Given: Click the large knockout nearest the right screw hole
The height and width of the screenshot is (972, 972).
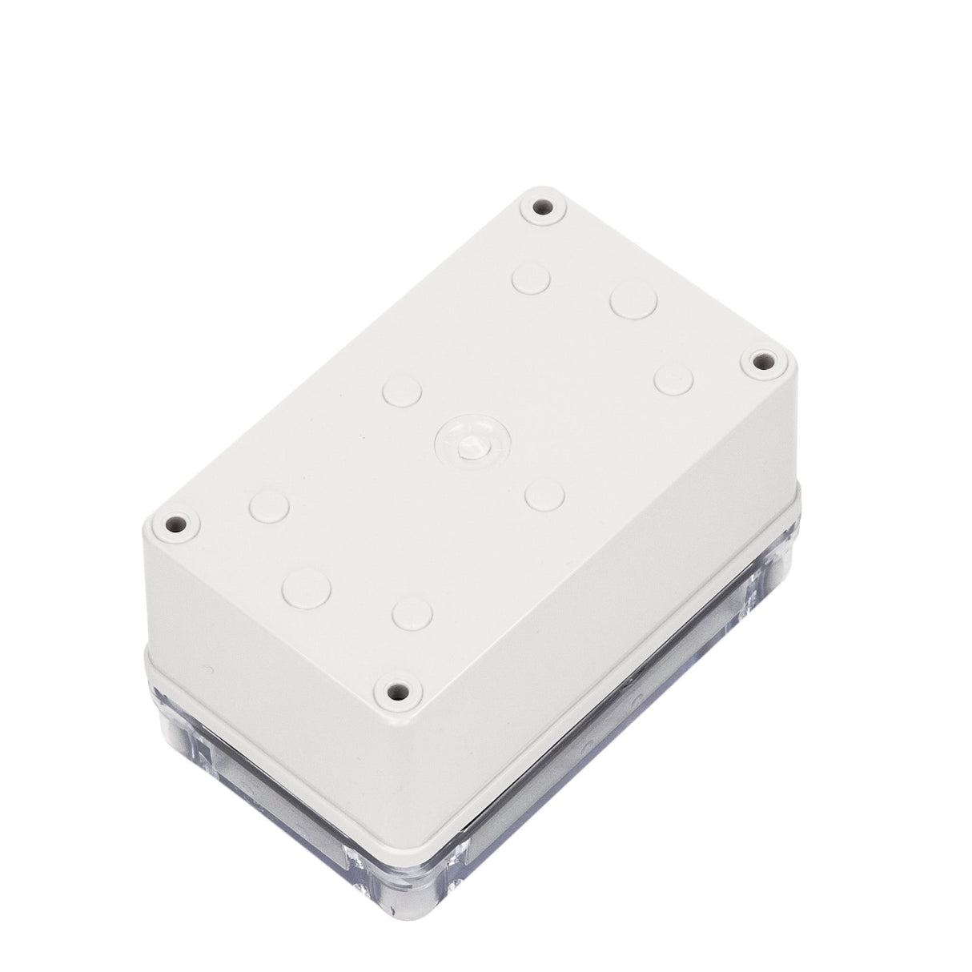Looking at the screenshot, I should pos(633,300).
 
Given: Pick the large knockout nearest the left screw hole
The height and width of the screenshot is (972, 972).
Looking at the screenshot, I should pos(307,586).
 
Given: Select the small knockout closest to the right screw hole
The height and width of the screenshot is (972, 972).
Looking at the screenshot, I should pos(673,380).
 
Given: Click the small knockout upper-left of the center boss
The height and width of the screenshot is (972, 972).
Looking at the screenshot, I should pos(402,390).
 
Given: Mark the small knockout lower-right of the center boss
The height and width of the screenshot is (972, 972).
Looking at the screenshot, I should pos(545,493).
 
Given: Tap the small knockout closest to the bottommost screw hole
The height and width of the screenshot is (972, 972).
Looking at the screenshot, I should pos(412,613).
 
